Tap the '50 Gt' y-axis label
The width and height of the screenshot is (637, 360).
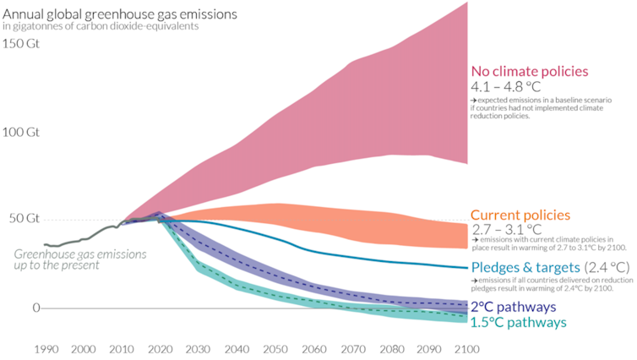(x=24, y=218)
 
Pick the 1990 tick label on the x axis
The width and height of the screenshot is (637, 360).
(x=46, y=348)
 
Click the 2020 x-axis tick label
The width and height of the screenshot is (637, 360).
(x=159, y=348)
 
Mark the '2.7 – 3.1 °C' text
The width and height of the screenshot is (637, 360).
(x=507, y=229)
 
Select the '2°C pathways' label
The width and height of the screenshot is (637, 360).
(x=514, y=307)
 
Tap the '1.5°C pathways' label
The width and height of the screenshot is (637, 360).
(x=519, y=322)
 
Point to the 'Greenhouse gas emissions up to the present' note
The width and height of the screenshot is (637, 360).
(x=80, y=259)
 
